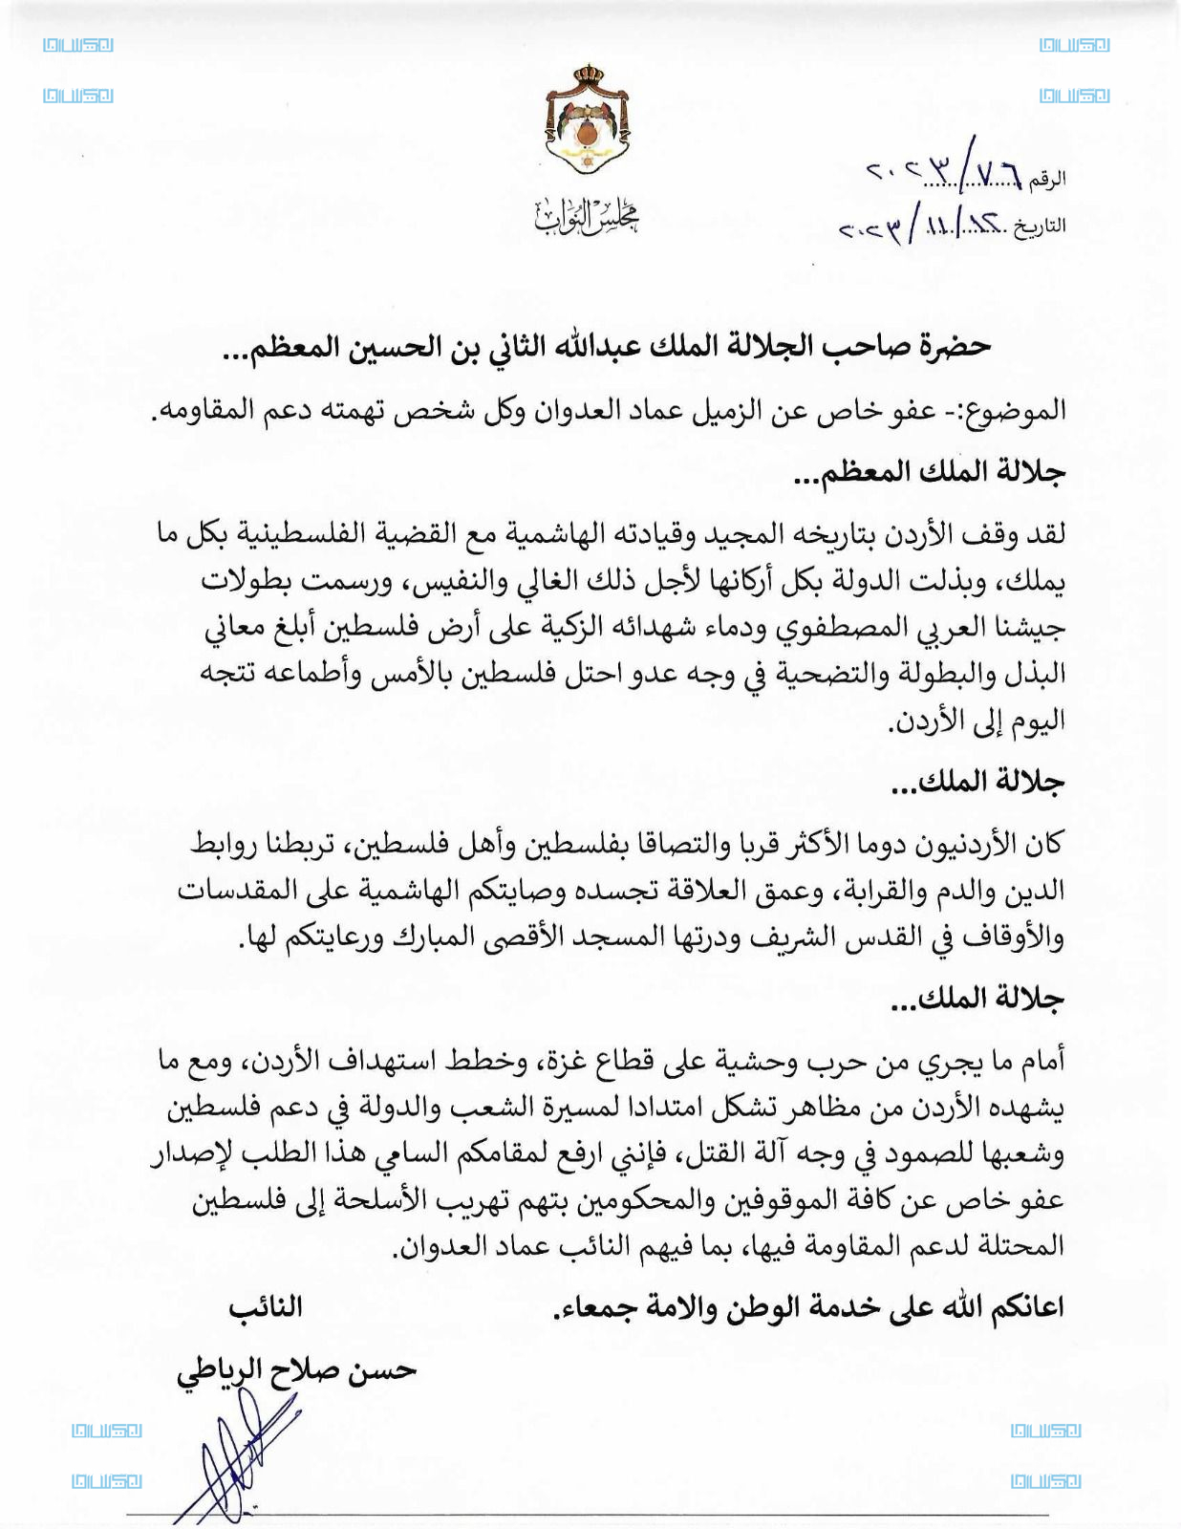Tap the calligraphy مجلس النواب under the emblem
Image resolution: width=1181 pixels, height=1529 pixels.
587,217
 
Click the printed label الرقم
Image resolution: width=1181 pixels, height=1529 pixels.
1048,178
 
